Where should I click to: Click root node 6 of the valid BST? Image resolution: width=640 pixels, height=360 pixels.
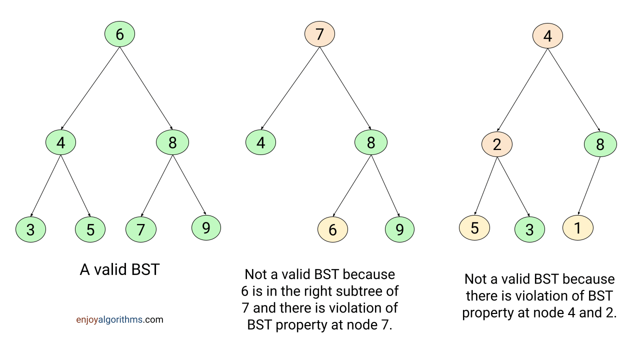(119, 34)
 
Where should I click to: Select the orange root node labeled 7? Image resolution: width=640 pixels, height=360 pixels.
(319, 34)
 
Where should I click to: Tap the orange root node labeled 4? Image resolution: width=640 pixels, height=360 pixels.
(547, 36)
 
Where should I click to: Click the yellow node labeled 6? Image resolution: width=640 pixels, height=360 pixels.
(332, 230)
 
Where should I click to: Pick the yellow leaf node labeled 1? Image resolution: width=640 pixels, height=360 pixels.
(577, 228)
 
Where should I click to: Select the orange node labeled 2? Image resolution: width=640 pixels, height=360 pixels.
(497, 144)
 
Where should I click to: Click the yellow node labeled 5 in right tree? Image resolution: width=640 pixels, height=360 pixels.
(474, 228)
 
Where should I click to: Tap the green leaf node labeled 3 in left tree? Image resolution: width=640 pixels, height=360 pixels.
(30, 230)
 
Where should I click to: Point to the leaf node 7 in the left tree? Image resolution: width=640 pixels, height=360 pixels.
(140, 230)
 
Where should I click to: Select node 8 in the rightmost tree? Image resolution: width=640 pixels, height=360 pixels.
(600, 144)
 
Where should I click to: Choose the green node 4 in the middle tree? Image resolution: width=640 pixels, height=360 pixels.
(260, 143)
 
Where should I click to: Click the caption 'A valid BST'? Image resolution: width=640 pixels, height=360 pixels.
(119, 270)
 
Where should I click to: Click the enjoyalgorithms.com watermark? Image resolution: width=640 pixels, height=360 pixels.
(119, 319)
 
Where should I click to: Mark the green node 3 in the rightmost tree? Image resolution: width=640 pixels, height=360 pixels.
(529, 230)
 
